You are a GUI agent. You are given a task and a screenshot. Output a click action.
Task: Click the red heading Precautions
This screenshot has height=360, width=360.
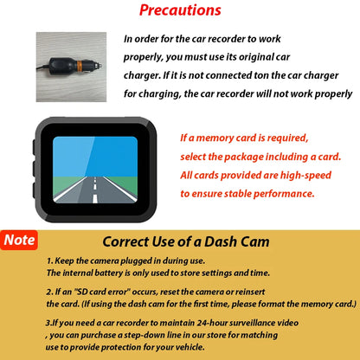[x=180, y=11]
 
